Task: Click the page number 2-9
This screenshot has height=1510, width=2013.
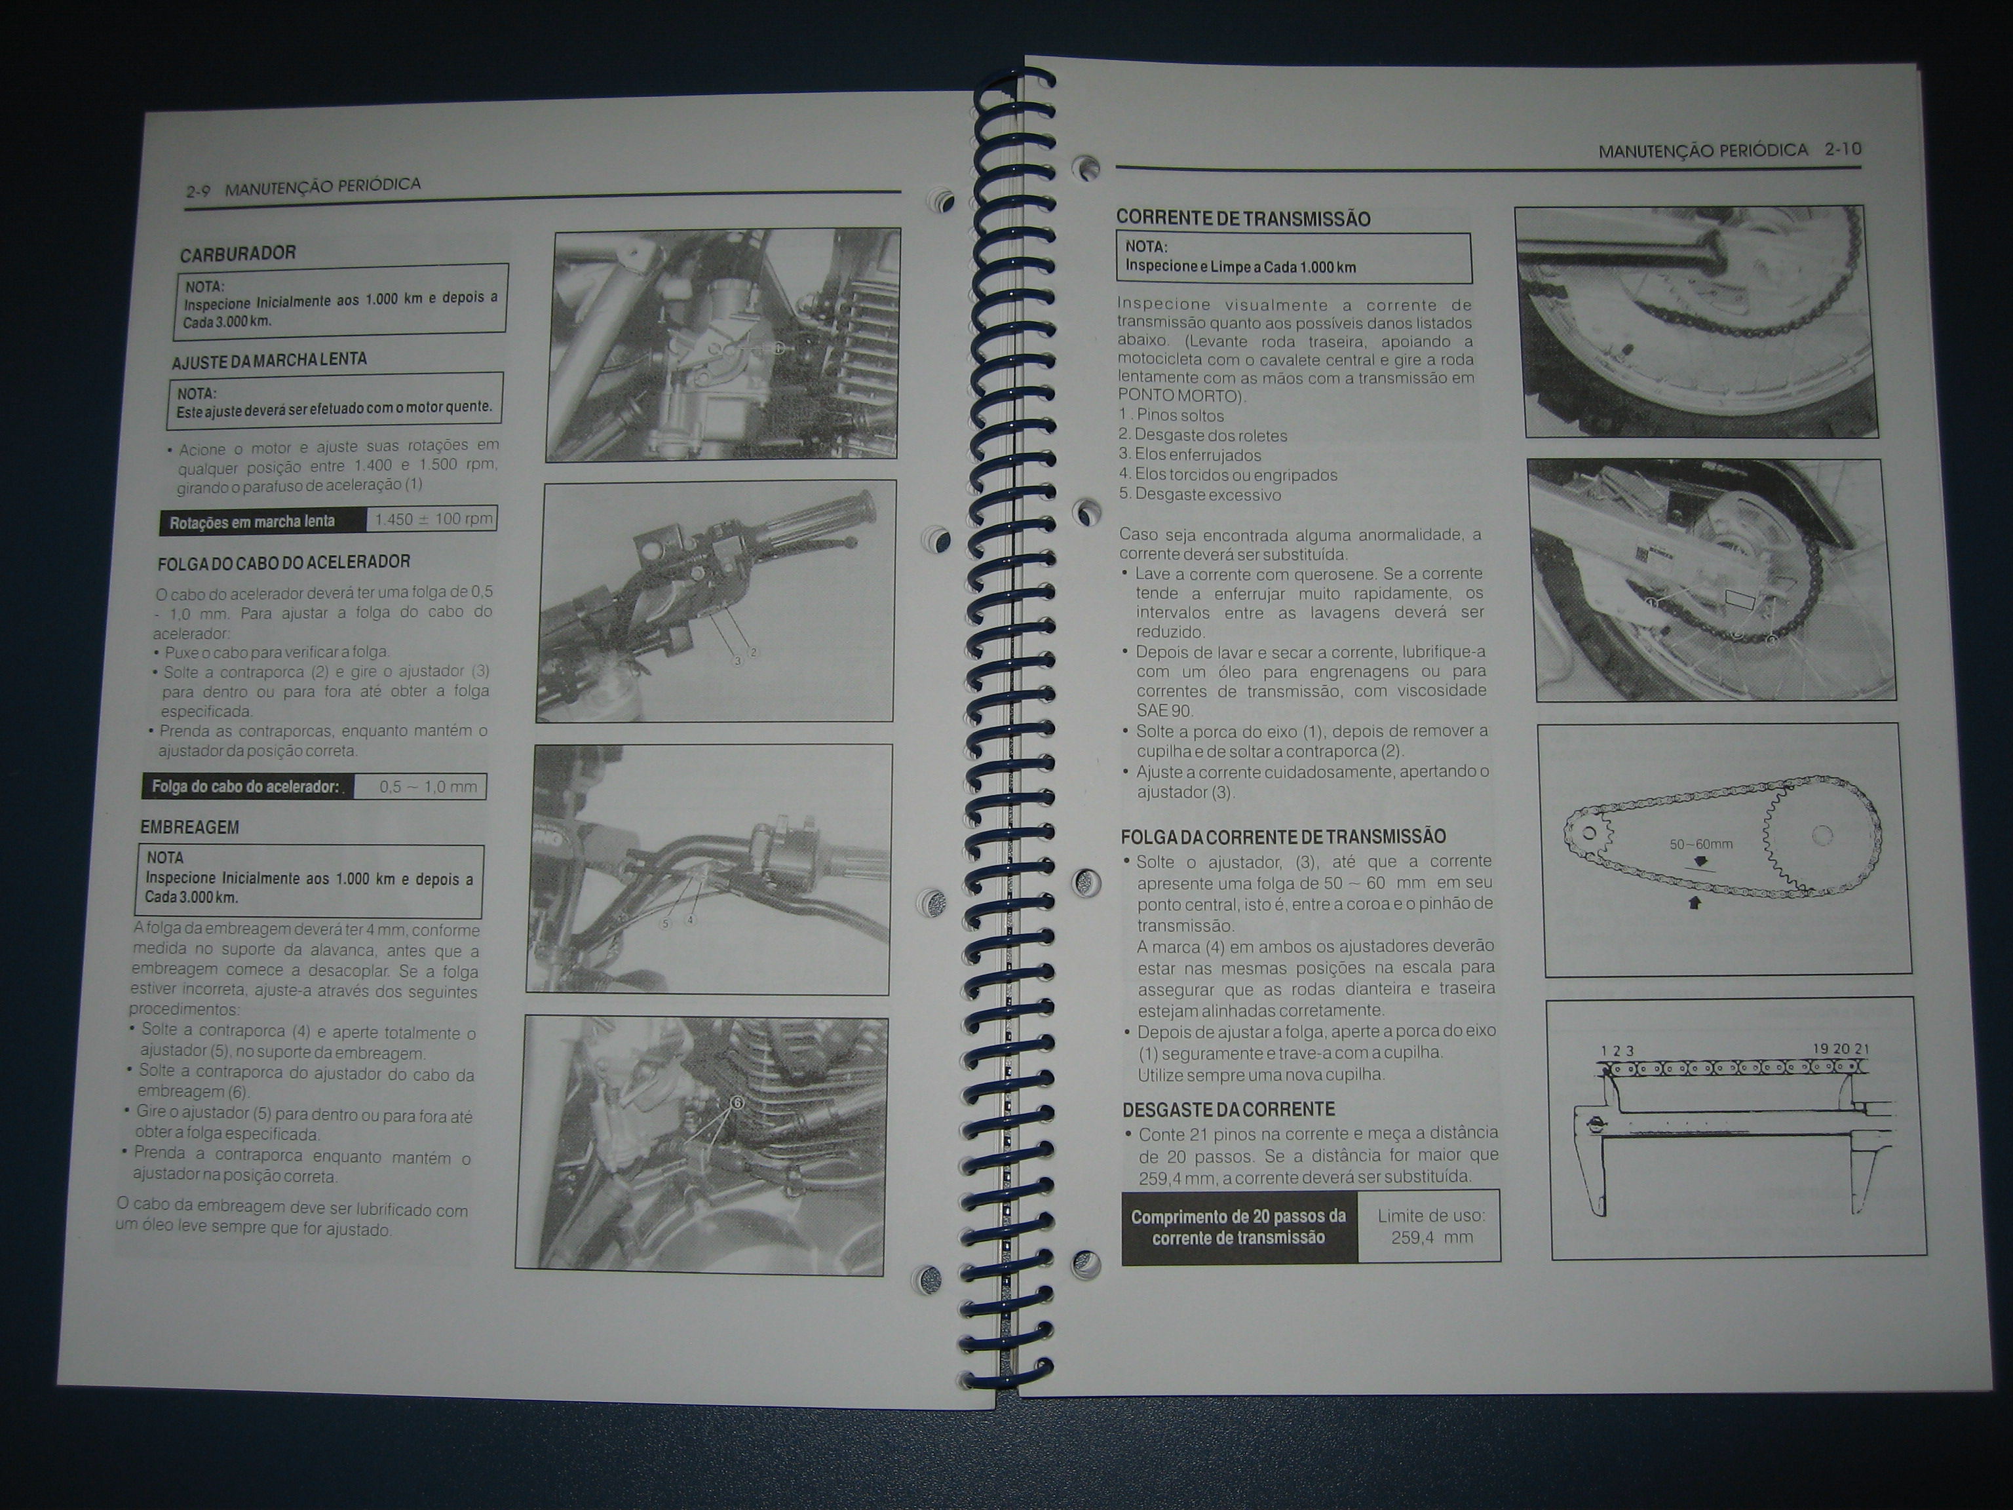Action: [199, 191]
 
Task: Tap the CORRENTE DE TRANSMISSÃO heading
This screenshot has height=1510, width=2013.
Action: [1243, 218]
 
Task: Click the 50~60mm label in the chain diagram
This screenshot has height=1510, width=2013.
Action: [1701, 843]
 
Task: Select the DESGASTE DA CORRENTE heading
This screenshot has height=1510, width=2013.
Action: [1229, 1110]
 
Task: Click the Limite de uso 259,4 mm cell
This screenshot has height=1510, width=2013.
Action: [1430, 1227]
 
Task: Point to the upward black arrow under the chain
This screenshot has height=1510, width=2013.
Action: [1695, 903]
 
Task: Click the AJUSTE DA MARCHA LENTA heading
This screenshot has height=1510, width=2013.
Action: [269, 360]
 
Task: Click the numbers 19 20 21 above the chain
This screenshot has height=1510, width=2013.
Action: [1841, 1049]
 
